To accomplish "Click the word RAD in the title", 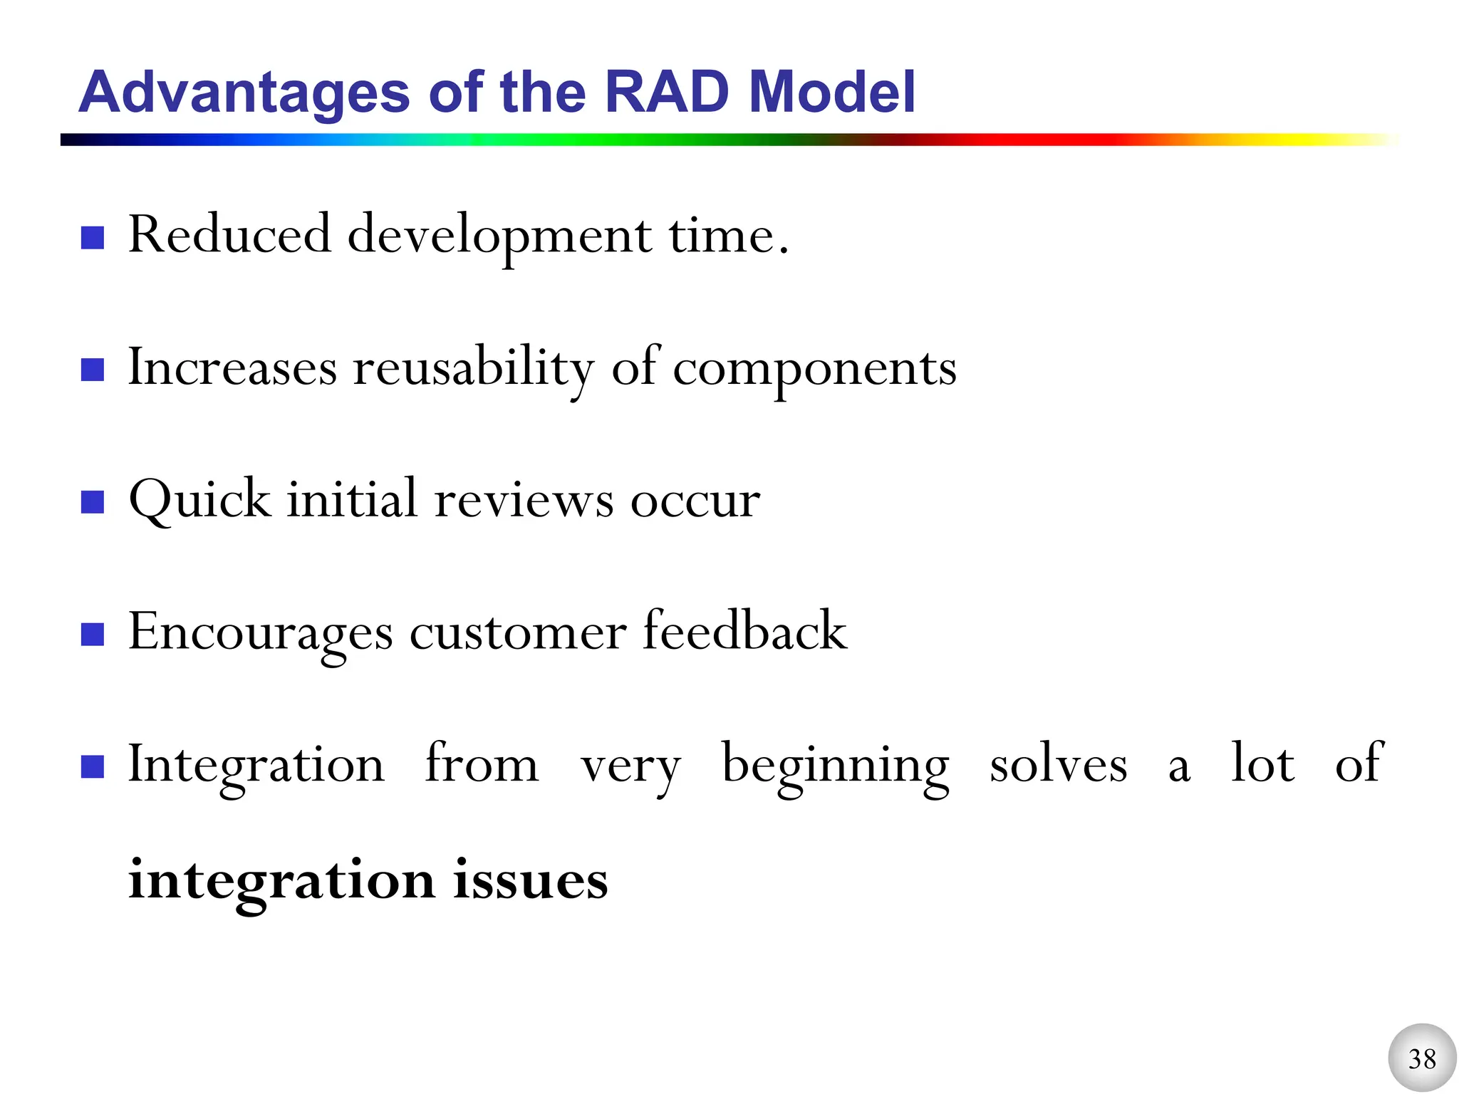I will click(667, 93).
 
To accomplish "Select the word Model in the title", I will click(832, 93).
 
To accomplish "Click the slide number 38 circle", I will click(1421, 1058).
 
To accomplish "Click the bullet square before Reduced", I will click(93, 238).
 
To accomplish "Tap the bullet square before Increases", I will click(93, 370).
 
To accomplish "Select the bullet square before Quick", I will click(93, 502).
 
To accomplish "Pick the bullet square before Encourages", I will click(93, 634).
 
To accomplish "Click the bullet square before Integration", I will click(93, 767).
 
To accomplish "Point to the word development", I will click(499, 236).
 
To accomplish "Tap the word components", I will click(814, 370).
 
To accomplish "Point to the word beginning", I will click(835, 766).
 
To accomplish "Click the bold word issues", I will click(531, 880).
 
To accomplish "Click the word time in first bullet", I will click(721, 236).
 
